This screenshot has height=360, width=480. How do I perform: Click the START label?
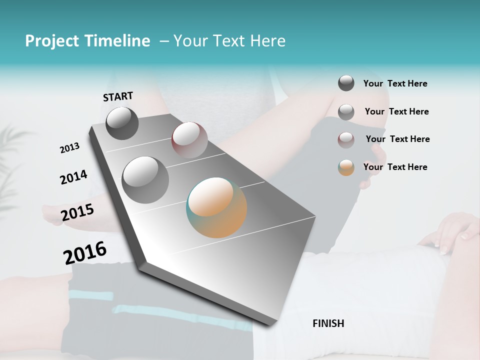[x=118, y=96]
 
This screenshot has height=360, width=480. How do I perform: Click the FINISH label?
[x=328, y=323]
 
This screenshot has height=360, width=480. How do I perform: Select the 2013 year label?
[x=69, y=148]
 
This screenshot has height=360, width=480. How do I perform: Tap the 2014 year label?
[x=73, y=177]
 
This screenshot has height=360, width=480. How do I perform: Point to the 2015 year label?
[x=77, y=212]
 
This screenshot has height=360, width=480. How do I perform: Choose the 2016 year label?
[x=85, y=252]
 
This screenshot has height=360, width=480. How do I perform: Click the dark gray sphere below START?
[x=122, y=123]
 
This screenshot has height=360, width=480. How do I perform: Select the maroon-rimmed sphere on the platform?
[x=189, y=139]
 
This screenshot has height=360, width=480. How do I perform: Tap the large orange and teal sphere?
[x=216, y=207]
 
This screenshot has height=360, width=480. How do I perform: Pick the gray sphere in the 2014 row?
[x=145, y=179]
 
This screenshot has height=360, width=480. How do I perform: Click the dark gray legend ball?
[x=346, y=83]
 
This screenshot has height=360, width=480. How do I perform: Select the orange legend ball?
[x=346, y=167]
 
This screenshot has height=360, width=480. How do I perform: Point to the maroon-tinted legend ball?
[x=346, y=139]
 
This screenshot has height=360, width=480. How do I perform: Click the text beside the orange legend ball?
[x=395, y=167]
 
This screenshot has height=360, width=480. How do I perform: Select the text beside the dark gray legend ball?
[x=395, y=83]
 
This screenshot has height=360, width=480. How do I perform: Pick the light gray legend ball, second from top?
[x=346, y=111]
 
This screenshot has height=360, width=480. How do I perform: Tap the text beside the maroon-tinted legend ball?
[x=398, y=139]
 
